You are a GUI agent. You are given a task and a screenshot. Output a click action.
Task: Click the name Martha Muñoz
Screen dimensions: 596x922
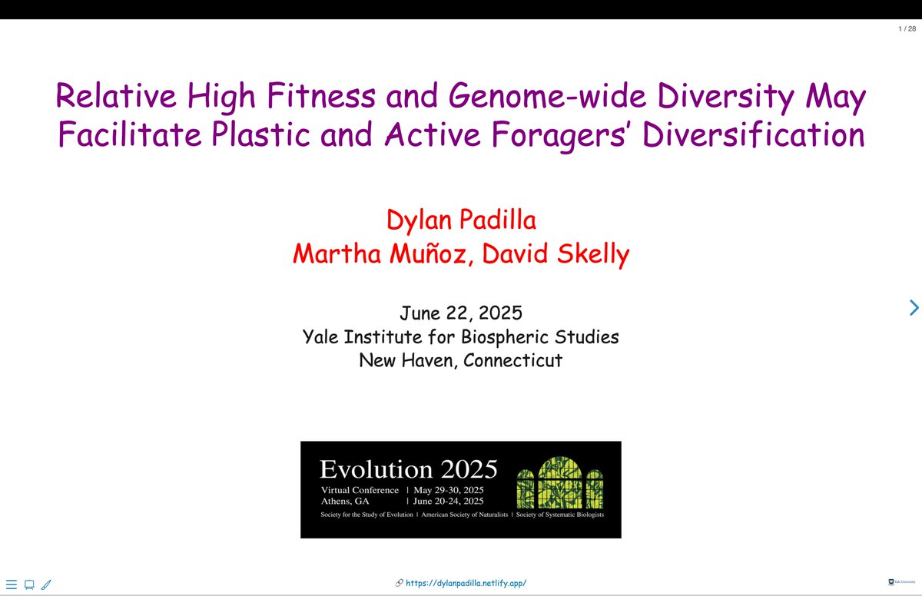click(x=381, y=253)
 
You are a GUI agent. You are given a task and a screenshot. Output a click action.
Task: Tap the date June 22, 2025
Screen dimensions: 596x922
click(x=461, y=313)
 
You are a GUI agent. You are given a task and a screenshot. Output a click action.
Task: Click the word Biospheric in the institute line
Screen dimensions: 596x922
click(x=511, y=336)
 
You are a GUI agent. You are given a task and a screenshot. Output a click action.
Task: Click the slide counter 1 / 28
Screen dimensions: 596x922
click(x=907, y=29)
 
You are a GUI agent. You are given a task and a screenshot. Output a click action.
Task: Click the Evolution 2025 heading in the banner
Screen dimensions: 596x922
click(x=408, y=469)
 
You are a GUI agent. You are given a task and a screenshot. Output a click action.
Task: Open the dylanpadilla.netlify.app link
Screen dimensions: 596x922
click(x=466, y=583)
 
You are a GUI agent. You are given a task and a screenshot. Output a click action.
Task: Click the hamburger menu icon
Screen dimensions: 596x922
click(x=12, y=584)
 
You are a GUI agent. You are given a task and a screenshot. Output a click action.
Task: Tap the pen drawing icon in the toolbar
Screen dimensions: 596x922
click(x=46, y=584)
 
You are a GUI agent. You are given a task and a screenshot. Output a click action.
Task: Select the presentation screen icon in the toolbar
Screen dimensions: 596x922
click(x=29, y=584)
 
